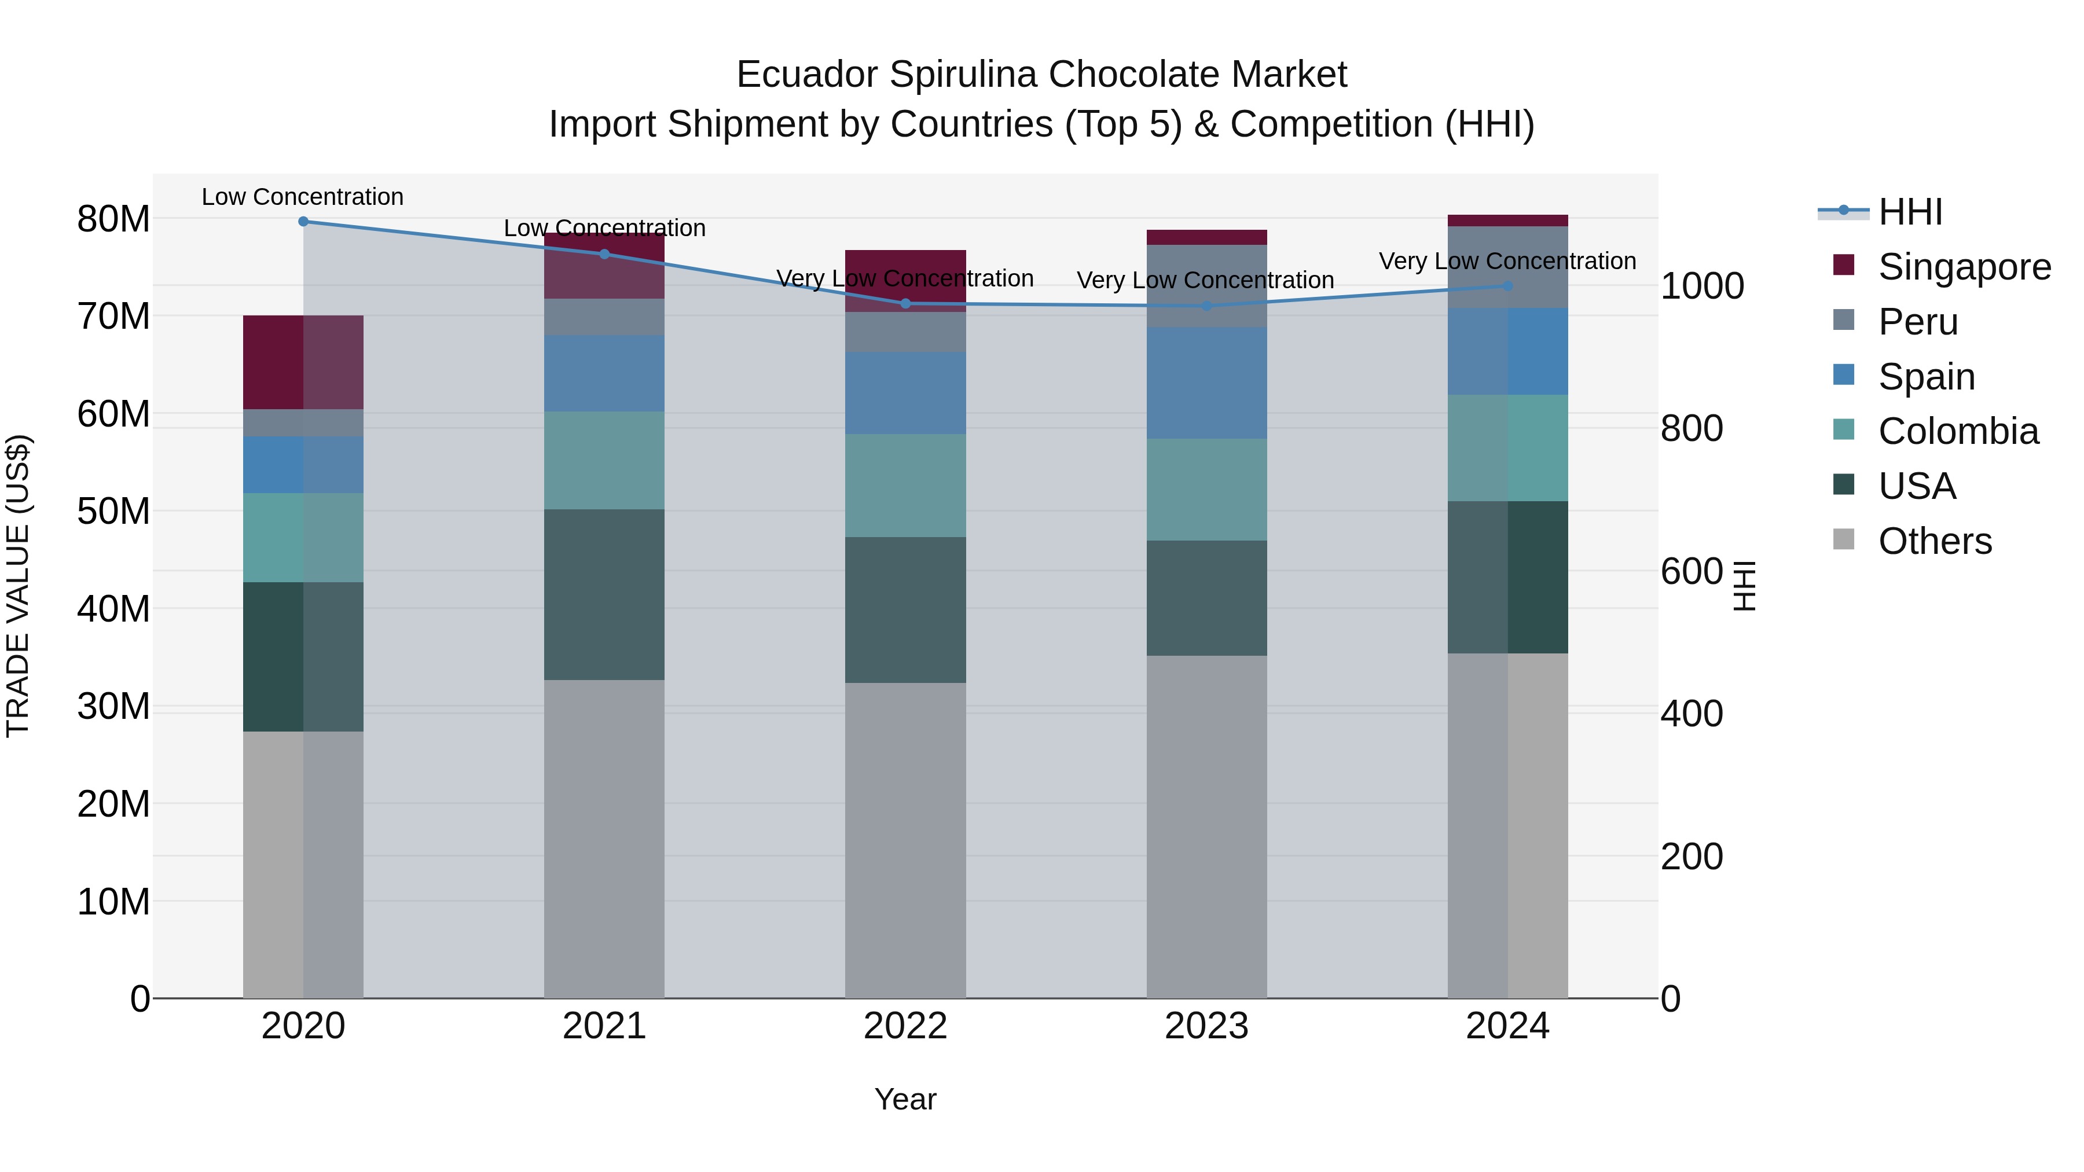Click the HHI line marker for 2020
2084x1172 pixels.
pos(303,222)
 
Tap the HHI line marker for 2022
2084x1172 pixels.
pos(905,304)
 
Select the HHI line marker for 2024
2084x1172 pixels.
pos(1507,285)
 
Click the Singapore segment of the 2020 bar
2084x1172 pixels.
pos(303,362)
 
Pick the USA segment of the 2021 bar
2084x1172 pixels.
pos(604,594)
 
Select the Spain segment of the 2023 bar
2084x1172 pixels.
pos(1206,383)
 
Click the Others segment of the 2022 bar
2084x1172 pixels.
pos(905,840)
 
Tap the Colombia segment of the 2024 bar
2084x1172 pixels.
pos(1507,448)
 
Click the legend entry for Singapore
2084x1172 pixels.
pos(1964,267)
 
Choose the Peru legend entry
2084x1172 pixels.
pos(1917,322)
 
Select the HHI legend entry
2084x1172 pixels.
pos(1909,212)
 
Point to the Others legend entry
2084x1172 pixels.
pos(1934,541)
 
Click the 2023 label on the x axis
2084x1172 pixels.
pos(1206,1026)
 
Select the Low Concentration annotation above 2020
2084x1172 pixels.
pos(303,197)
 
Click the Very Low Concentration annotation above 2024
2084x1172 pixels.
pos(1507,261)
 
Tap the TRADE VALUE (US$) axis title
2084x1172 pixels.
pos(18,586)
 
